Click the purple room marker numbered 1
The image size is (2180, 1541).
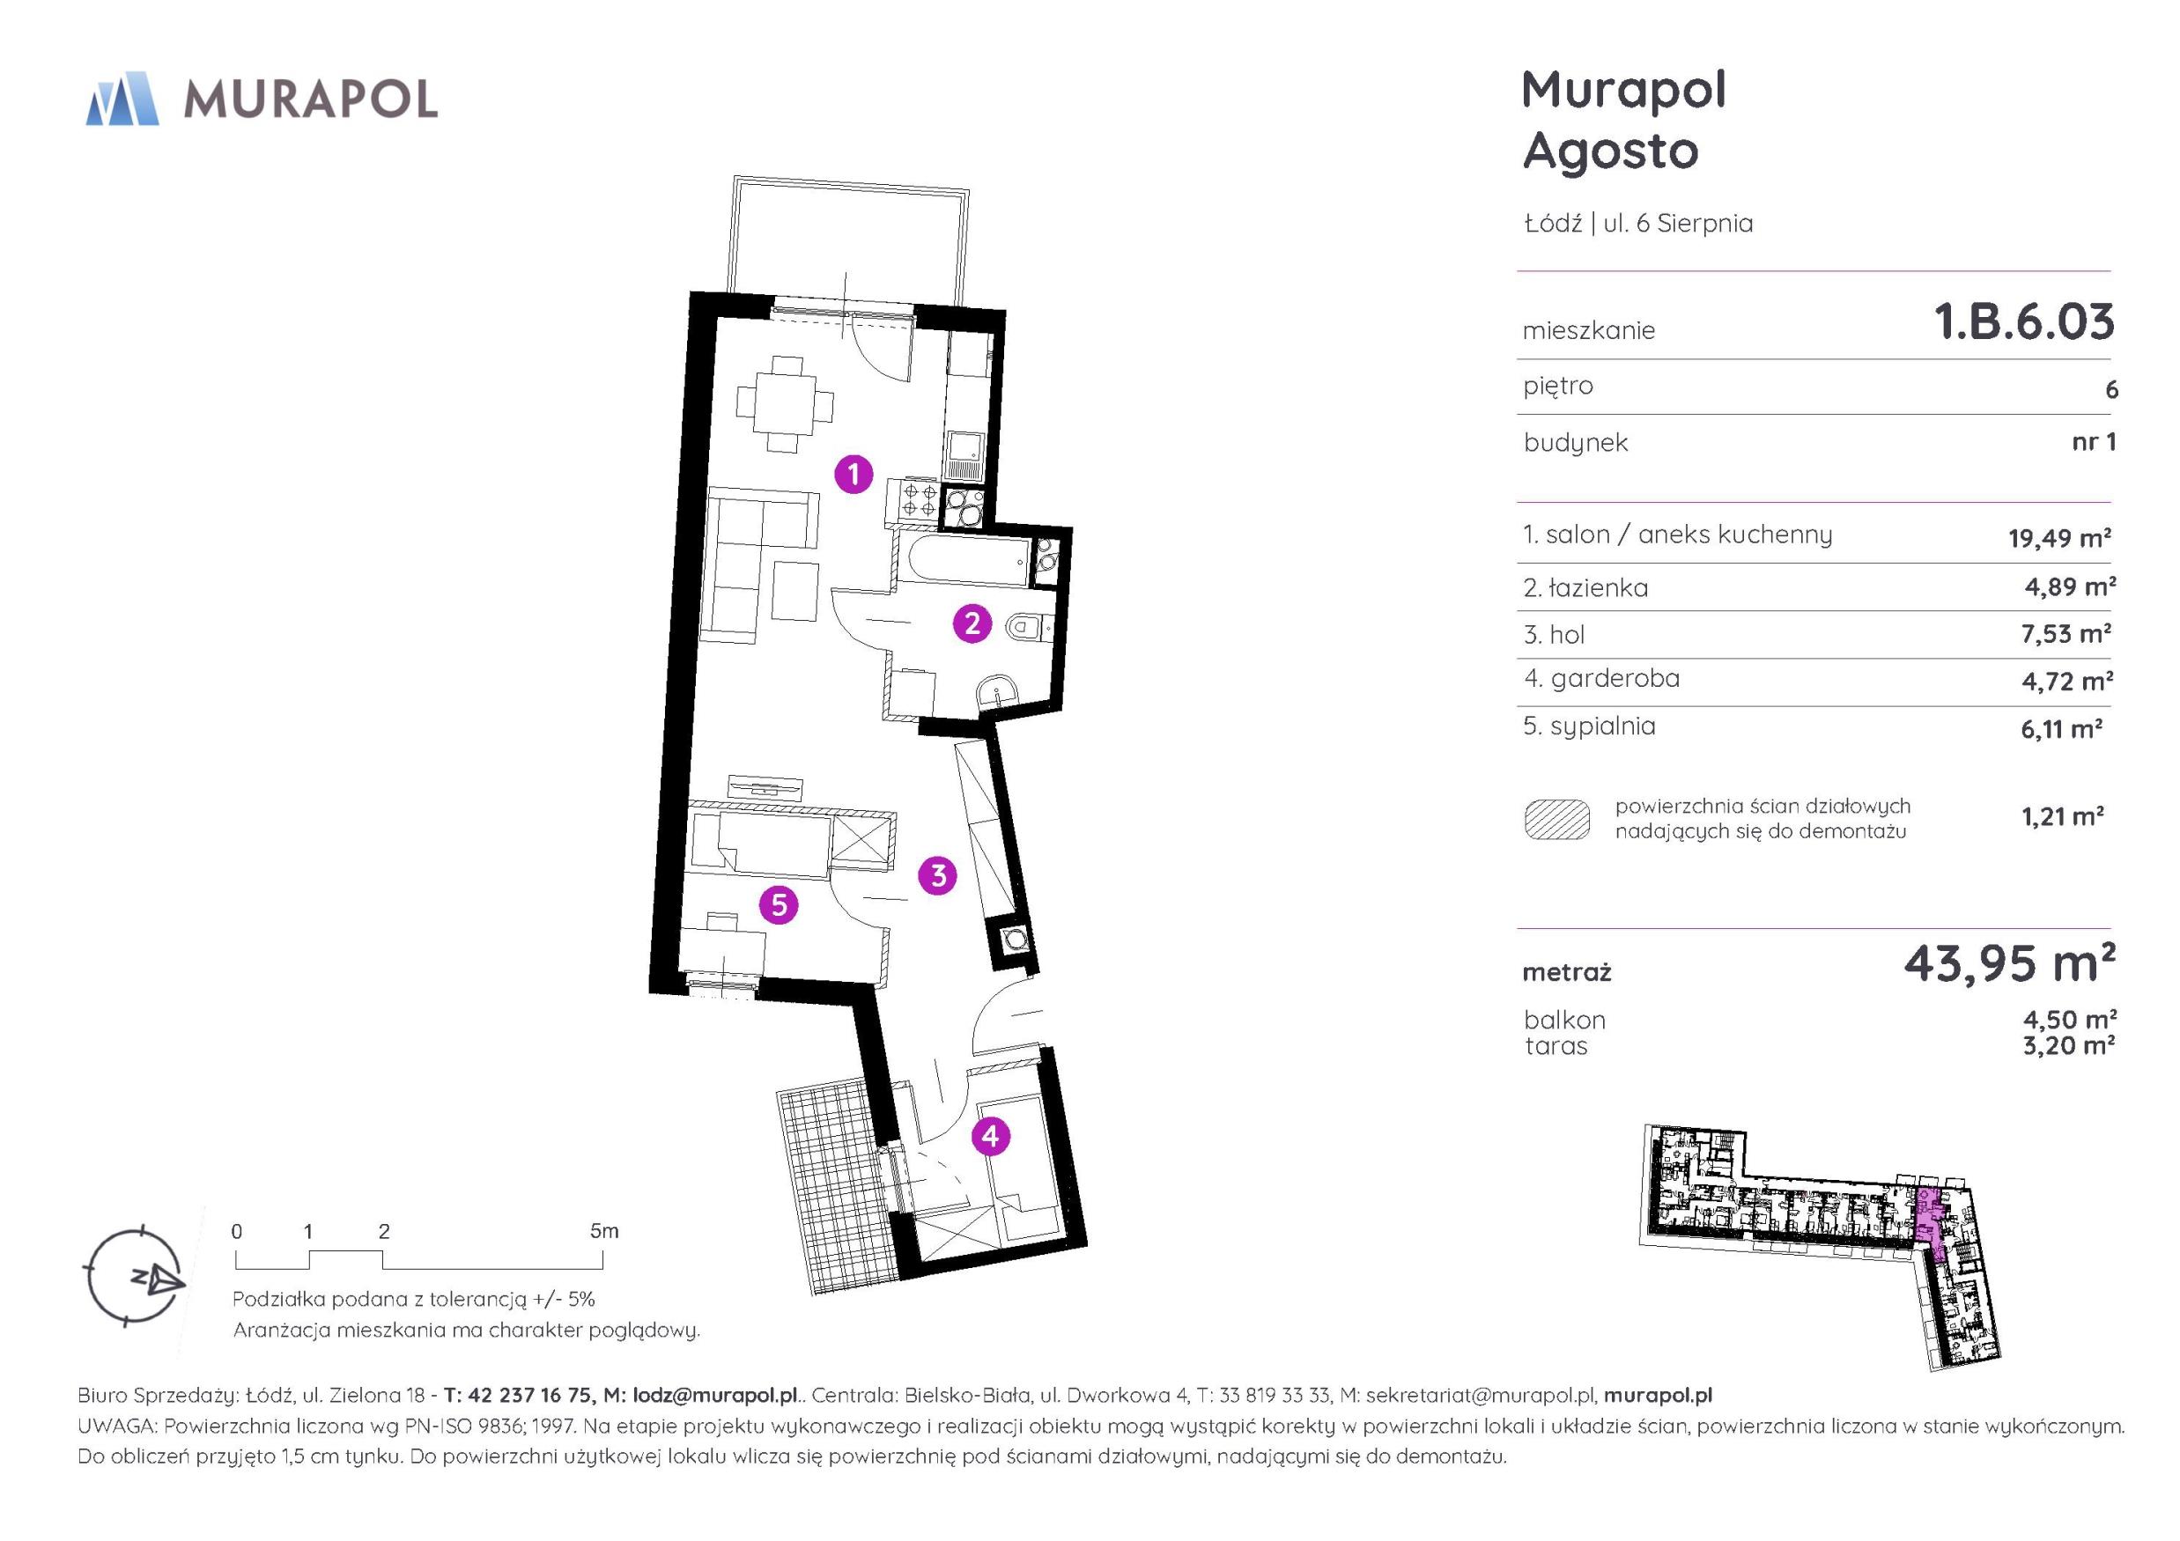(x=854, y=473)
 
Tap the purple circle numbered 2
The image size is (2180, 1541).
(x=972, y=623)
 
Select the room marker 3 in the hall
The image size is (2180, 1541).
(x=938, y=875)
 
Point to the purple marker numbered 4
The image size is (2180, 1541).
(x=990, y=1137)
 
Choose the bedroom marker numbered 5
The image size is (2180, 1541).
(x=779, y=905)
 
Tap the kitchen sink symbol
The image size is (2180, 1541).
(x=965, y=456)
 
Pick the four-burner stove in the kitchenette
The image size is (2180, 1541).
(x=912, y=500)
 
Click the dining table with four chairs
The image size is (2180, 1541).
(x=785, y=403)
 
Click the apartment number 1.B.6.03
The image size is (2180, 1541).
(x=2024, y=322)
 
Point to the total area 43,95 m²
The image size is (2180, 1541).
(x=2009, y=963)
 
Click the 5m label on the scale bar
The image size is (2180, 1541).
(x=604, y=1231)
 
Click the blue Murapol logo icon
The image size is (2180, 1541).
(x=122, y=98)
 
